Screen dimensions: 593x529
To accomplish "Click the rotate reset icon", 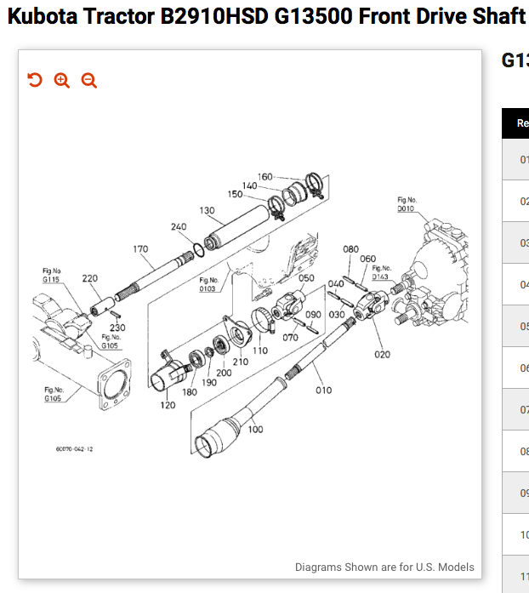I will (35, 80).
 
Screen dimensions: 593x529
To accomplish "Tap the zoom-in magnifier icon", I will (62, 80).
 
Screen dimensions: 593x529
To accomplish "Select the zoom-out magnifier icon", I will (89, 80).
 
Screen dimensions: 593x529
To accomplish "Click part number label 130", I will (207, 210).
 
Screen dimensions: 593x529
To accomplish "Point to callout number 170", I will (140, 249).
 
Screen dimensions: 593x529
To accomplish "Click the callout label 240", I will (179, 227).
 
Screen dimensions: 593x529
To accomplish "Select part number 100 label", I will (256, 430).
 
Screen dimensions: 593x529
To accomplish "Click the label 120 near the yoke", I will (168, 405).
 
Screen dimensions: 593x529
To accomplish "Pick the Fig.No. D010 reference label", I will (407, 204).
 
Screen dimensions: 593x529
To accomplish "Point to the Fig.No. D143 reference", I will (380, 272).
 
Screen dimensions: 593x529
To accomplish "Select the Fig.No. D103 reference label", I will (208, 284).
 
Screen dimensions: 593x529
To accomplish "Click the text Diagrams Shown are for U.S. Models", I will (384, 567).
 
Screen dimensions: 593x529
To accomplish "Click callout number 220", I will (89, 278).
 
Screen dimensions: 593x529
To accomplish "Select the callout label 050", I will (306, 277).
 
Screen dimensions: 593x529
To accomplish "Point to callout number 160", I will (265, 177).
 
